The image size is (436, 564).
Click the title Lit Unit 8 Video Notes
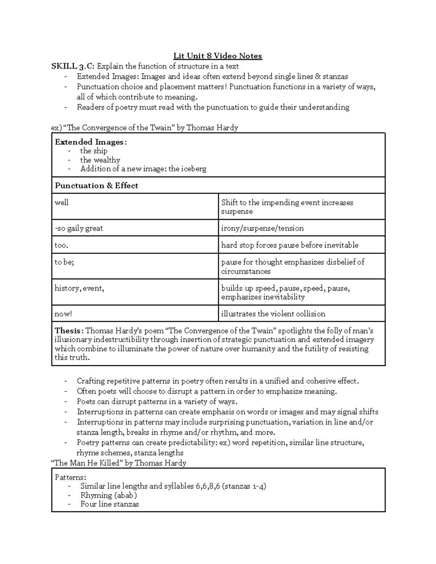(x=218, y=56)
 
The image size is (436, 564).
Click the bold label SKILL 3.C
(x=73, y=66)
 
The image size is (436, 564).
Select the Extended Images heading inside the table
(x=90, y=142)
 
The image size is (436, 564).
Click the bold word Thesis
(x=68, y=331)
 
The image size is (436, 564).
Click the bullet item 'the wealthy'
(x=100, y=160)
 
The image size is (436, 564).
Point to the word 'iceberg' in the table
(x=193, y=169)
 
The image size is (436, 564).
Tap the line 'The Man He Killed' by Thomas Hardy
(x=119, y=463)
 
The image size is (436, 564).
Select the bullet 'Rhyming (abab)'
(x=109, y=495)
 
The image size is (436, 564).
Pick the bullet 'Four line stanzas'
(x=109, y=504)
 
